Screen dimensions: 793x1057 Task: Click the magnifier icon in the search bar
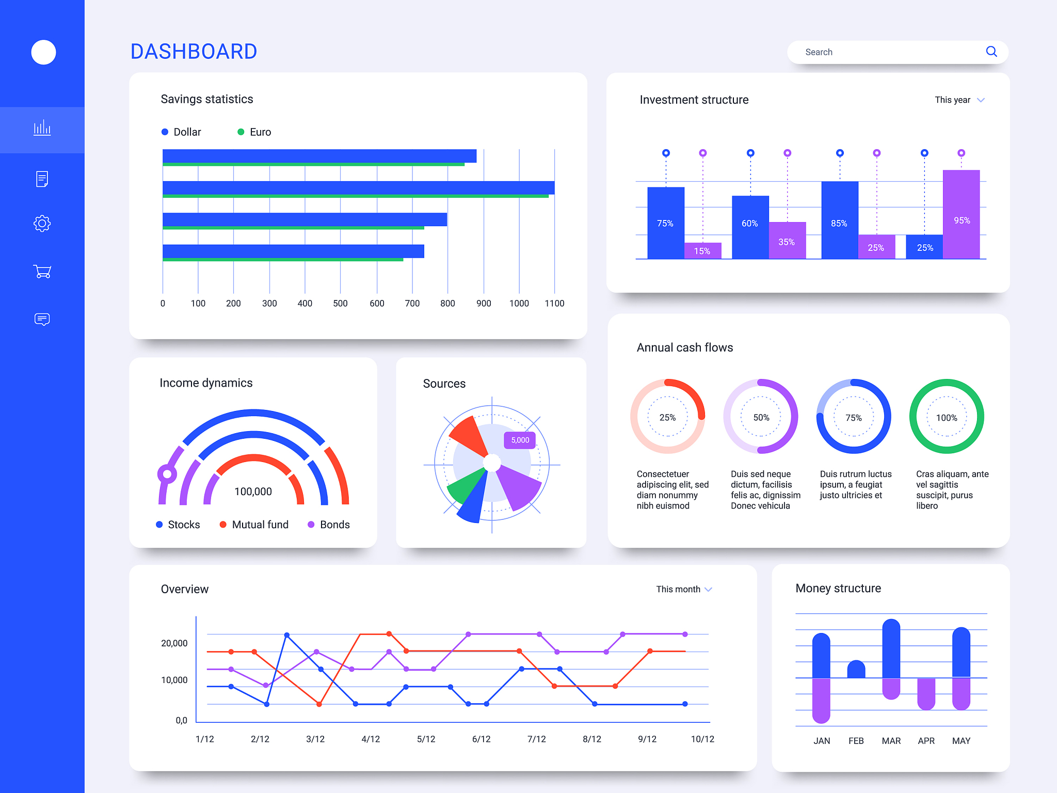[x=991, y=52]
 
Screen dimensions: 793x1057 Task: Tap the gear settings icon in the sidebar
[x=42, y=224]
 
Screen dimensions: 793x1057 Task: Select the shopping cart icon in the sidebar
[x=42, y=271]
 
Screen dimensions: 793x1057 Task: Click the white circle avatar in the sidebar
[x=43, y=52]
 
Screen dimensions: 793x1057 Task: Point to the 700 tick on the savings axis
[x=412, y=304]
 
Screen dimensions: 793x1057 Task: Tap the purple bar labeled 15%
[x=702, y=251]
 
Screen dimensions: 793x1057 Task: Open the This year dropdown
[x=959, y=100]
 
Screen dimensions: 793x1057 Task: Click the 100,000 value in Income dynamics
[x=253, y=491]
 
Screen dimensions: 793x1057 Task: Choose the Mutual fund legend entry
[x=254, y=525]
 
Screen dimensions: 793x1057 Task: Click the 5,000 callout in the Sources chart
[x=520, y=440]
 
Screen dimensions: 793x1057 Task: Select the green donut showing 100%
[x=946, y=417]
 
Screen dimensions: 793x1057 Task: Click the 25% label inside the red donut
[x=667, y=417]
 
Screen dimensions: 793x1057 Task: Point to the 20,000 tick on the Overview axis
[x=174, y=643]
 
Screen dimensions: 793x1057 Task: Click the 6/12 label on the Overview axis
[x=481, y=739]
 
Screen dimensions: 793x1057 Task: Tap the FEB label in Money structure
[x=856, y=741]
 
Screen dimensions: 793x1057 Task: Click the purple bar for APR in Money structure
[x=926, y=693]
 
